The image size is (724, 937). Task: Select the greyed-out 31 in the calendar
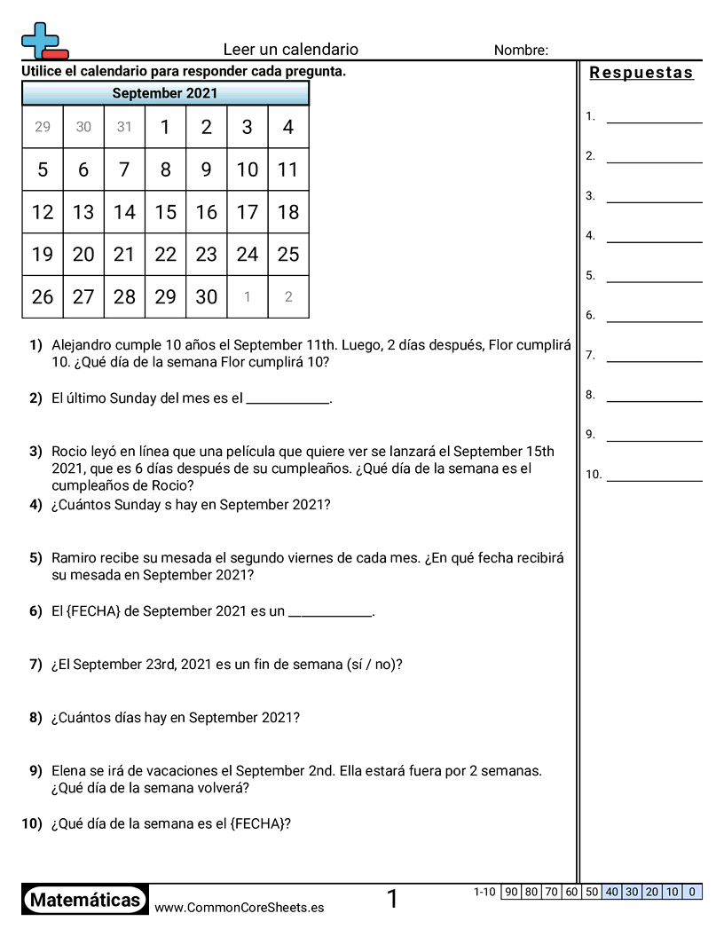click(124, 127)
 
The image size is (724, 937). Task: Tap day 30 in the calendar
click(206, 297)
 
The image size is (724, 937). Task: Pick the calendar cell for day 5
click(43, 169)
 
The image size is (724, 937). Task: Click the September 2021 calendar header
click(165, 93)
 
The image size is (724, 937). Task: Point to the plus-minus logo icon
click(43, 41)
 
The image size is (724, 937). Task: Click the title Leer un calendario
click(290, 50)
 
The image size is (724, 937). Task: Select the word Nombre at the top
click(520, 51)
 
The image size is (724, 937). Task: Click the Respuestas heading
click(641, 73)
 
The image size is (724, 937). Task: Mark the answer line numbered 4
click(654, 240)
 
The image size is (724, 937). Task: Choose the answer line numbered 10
click(654, 479)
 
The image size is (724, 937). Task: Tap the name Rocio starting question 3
click(69, 452)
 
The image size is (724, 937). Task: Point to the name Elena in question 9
click(69, 771)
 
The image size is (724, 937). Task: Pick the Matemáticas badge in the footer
click(85, 900)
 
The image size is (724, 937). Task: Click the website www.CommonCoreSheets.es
click(239, 907)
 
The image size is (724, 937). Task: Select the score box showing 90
click(511, 892)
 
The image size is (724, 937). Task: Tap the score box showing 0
click(692, 892)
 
